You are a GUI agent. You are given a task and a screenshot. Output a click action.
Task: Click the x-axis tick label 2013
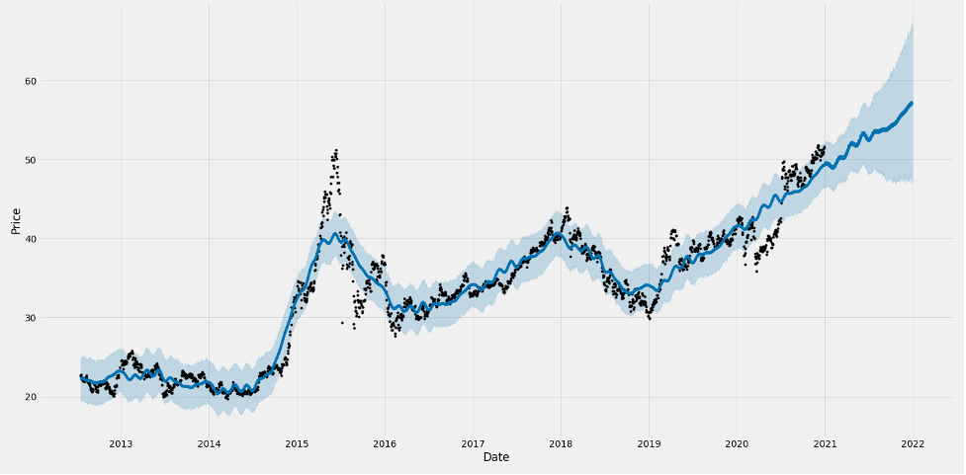(x=121, y=444)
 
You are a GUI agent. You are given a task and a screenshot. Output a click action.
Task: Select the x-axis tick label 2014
(x=209, y=444)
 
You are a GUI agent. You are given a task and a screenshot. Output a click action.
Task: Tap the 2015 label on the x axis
(x=297, y=444)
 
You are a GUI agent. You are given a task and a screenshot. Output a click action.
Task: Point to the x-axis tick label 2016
(x=385, y=444)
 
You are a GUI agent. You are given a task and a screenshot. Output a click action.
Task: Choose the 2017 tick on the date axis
(x=473, y=444)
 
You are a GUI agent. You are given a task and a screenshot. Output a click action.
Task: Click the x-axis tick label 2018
(x=561, y=444)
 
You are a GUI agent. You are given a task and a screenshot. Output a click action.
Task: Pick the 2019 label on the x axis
(x=649, y=444)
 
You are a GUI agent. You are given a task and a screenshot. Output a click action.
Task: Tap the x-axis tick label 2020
(x=737, y=444)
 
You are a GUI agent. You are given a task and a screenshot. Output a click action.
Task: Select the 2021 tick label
(x=825, y=444)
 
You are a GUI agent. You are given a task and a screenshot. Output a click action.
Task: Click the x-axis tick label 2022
(x=913, y=444)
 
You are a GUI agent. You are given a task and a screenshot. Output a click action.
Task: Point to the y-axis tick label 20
(x=45, y=397)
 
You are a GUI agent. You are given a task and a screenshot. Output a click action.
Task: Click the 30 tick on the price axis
(x=45, y=318)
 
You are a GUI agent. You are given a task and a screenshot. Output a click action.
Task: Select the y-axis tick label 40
(x=45, y=239)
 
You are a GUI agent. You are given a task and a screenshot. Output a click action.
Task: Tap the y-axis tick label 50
(x=45, y=160)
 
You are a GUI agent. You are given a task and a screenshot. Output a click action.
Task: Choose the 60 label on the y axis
(x=45, y=81)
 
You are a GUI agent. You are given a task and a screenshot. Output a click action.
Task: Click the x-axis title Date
(x=496, y=458)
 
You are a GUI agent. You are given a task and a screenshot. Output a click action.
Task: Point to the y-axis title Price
(x=16, y=220)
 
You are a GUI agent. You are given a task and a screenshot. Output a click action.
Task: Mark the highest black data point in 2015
(x=336, y=150)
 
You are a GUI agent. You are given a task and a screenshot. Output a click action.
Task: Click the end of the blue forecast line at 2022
(x=912, y=103)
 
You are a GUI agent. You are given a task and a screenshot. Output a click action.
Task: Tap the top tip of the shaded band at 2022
(x=912, y=24)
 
